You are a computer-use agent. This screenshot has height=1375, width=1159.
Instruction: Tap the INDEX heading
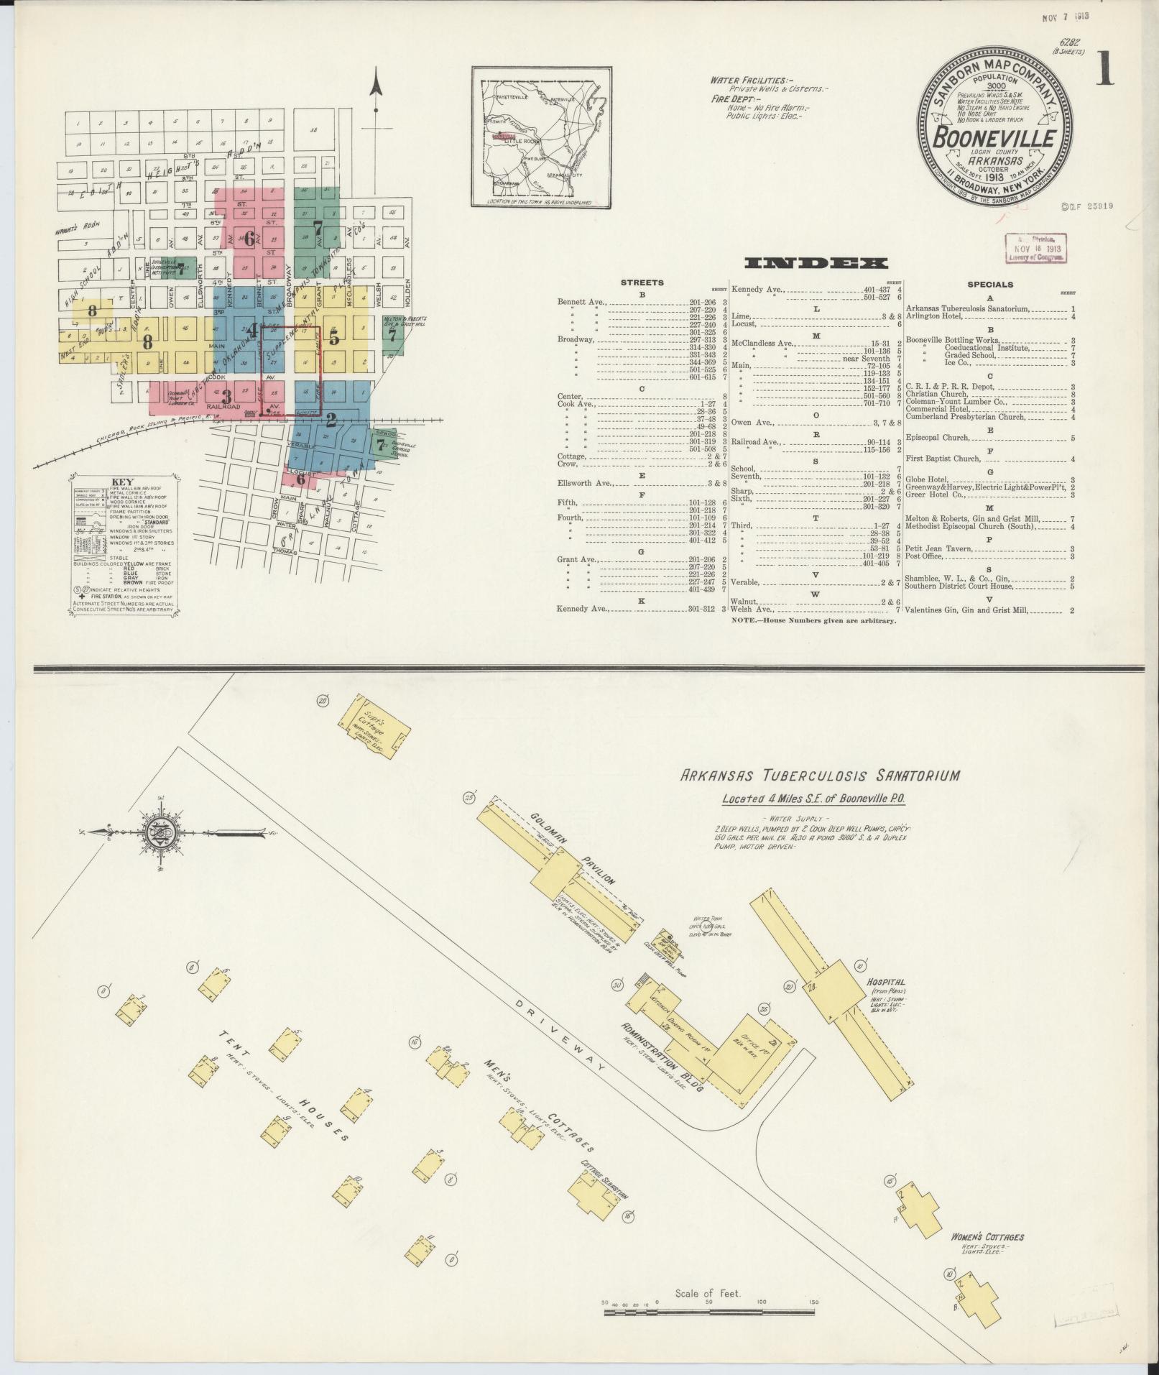point(816,263)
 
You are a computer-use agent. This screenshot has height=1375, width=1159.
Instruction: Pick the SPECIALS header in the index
point(989,284)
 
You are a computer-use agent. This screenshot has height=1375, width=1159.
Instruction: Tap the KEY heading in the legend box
point(121,482)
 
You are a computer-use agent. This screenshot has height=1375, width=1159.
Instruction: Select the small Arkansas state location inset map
point(540,137)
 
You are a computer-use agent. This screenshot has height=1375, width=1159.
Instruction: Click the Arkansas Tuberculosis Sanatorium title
point(819,776)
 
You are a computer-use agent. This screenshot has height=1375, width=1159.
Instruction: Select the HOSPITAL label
point(886,981)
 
